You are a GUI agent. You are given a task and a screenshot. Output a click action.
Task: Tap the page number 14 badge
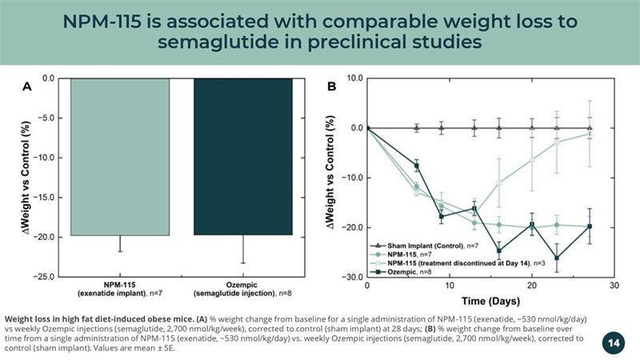614,342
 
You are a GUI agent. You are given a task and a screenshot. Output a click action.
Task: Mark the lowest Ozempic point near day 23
557,258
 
